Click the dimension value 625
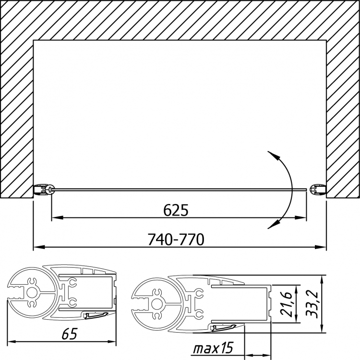pos(176,210)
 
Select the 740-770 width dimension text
pos(176,239)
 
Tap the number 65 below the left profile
pos(70,334)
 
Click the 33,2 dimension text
pos(312,304)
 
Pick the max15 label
pos(213,348)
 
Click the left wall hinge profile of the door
pos(44,190)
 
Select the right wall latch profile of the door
pos(318,190)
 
